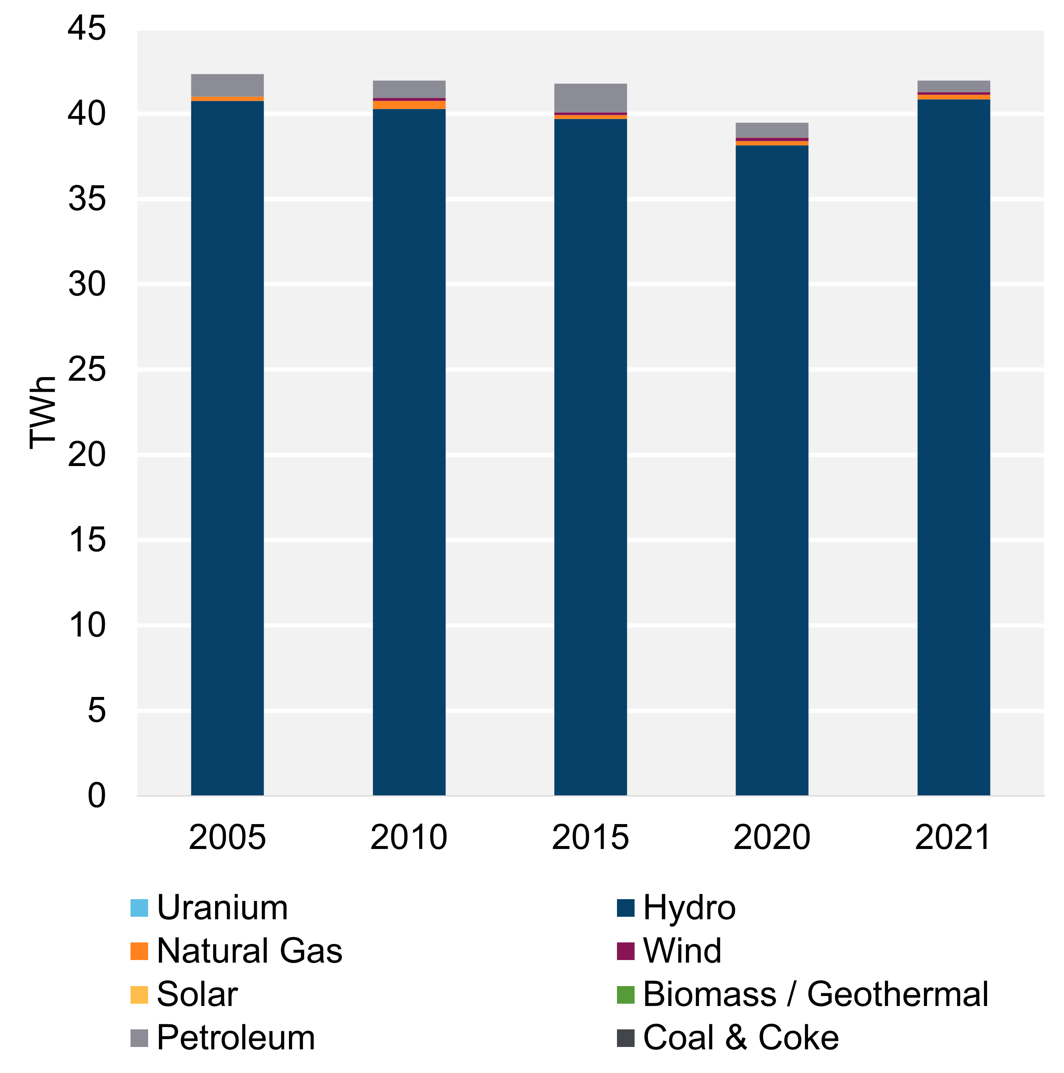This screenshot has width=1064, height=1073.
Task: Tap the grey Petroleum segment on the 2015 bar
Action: [x=590, y=98]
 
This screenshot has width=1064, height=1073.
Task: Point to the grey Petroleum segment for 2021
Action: [x=953, y=86]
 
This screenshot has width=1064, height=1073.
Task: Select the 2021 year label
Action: [x=953, y=837]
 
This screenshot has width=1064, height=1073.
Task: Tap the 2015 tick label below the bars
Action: [x=590, y=837]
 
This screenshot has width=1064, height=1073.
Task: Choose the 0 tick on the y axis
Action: [x=96, y=795]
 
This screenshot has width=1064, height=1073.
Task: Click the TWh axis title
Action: [x=43, y=412]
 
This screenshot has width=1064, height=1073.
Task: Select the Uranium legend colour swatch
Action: [x=139, y=908]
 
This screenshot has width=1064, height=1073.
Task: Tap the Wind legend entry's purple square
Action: [x=625, y=951]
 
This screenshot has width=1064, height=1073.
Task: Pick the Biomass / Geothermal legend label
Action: [x=815, y=994]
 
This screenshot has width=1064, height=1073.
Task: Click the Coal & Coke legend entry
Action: [x=741, y=1037]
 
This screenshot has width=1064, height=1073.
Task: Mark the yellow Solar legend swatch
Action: [x=139, y=994]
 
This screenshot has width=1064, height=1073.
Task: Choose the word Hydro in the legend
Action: [x=689, y=908]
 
